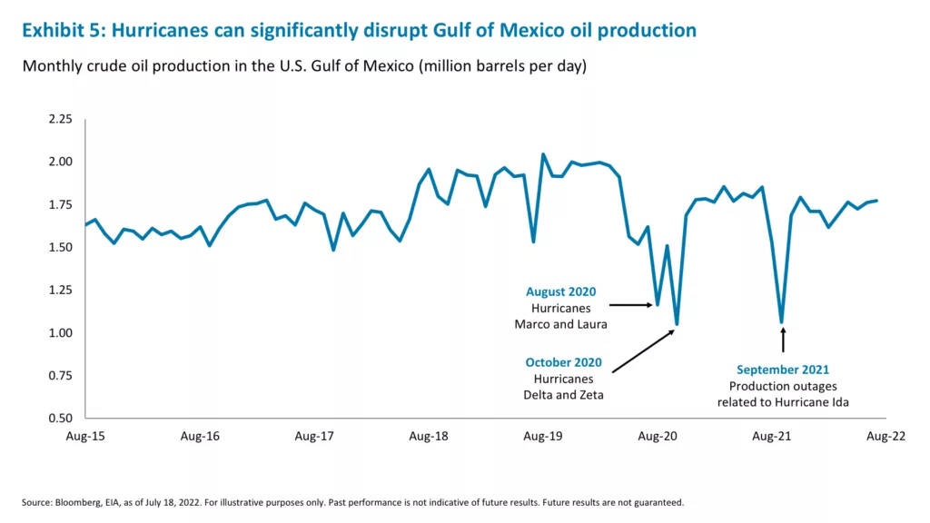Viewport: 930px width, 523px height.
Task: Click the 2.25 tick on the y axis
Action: pos(60,119)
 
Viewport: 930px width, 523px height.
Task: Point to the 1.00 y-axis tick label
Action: pos(60,333)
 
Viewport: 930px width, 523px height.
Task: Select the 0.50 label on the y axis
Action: pos(60,419)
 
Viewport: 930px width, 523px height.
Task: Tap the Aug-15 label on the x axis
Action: pos(85,437)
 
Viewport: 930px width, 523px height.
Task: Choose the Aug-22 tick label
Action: pos(885,437)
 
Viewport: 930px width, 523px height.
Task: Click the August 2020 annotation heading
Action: pos(560,292)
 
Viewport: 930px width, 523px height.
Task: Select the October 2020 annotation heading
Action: pos(563,362)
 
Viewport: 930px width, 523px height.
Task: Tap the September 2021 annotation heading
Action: pos(782,370)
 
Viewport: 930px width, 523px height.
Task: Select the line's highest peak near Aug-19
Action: pos(543,154)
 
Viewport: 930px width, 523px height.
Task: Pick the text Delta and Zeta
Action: pos(563,395)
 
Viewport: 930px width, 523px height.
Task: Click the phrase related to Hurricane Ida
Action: pos(782,402)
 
